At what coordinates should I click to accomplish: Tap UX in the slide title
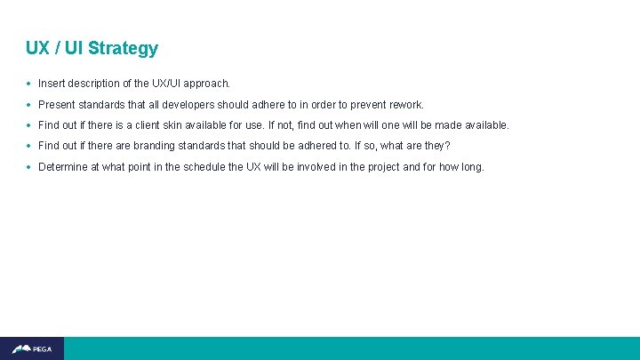click(37, 48)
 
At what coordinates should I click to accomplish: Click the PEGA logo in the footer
click(32, 348)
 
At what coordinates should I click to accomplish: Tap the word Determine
click(63, 166)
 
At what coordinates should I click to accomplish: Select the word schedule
click(203, 166)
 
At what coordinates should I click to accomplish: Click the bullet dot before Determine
click(29, 167)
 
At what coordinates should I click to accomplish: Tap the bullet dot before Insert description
click(29, 84)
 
